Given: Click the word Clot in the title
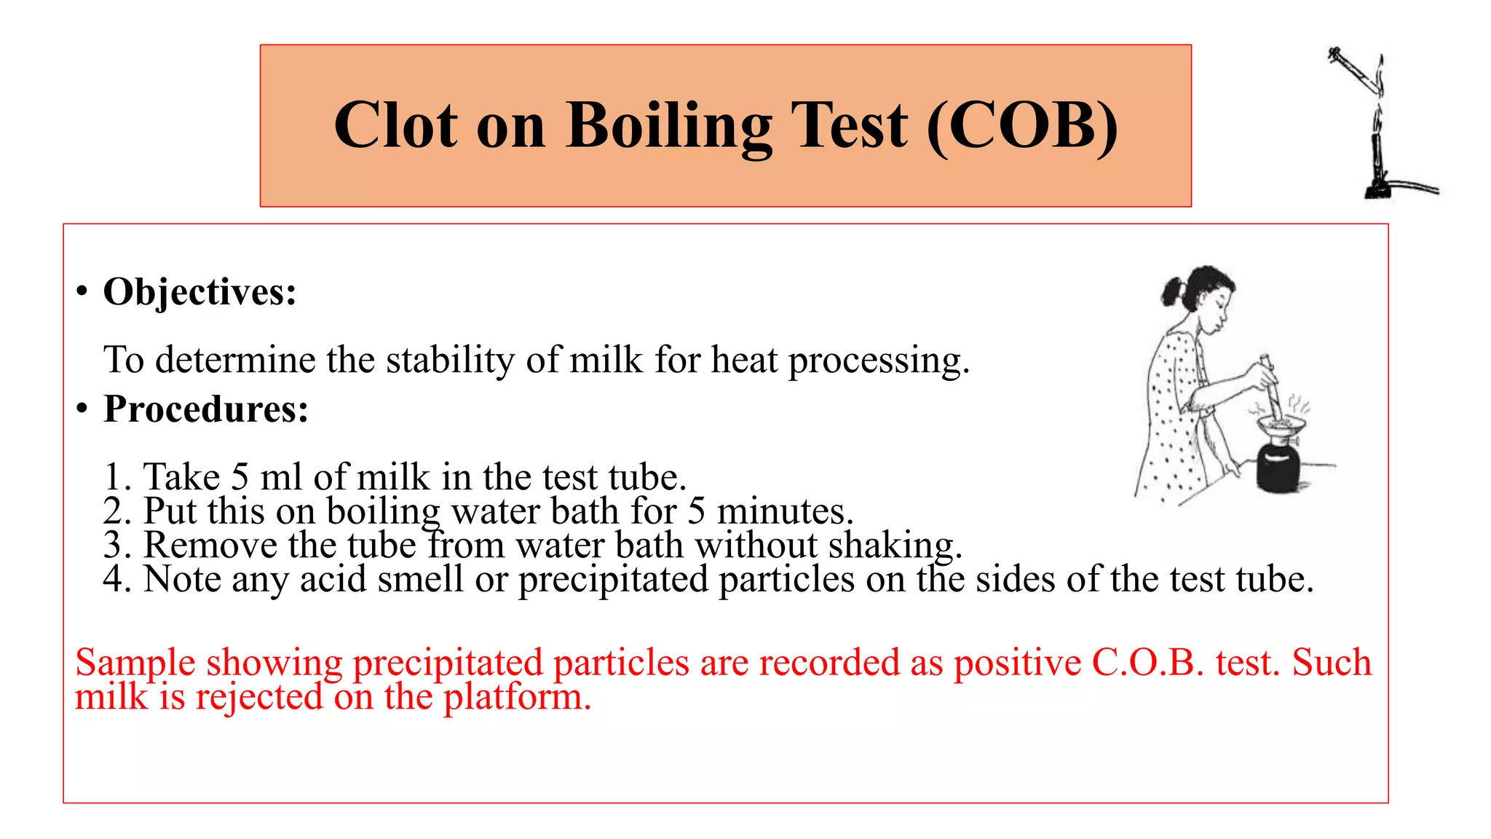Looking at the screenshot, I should pos(396,125).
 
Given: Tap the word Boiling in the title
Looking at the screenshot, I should pos(668,125).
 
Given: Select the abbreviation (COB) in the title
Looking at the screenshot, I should pos(1022,125).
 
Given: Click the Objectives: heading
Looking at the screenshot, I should pos(200,292).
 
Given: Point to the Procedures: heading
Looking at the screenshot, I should pos(206,409).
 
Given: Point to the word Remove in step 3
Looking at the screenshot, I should pos(211,545).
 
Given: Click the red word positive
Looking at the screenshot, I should pos(1017,663).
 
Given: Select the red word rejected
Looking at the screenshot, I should pos(259,697).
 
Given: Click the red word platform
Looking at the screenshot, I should pos(517,697).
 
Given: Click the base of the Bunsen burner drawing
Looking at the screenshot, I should pos(1377,191).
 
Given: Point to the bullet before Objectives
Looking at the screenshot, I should pos(82,292).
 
